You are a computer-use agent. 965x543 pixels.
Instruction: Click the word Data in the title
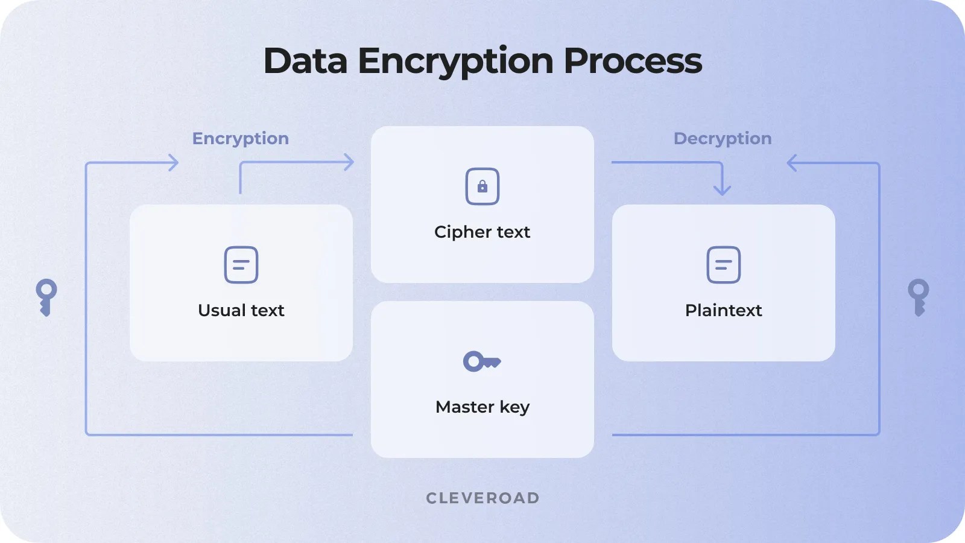click(x=305, y=61)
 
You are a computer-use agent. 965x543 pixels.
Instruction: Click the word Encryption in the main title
click(x=455, y=61)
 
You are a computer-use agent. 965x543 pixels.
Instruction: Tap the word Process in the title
click(x=633, y=61)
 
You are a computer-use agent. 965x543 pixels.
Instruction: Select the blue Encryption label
click(x=240, y=138)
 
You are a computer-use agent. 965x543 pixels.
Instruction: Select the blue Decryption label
click(x=723, y=138)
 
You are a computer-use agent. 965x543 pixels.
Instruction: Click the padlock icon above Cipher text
click(x=482, y=186)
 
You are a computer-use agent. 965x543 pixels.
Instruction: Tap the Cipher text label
click(x=482, y=232)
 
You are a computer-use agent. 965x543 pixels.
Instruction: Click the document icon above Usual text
click(x=241, y=265)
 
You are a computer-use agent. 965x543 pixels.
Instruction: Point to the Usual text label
click(x=241, y=310)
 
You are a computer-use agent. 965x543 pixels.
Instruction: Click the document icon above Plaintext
click(x=724, y=265)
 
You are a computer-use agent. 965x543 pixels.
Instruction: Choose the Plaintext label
click(x=724, y=310)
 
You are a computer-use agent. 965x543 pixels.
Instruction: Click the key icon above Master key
click(x=481, y=361)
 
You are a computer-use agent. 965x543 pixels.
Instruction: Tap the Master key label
click(x=482, y=407)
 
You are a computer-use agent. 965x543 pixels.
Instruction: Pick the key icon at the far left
click(x=46, y=297)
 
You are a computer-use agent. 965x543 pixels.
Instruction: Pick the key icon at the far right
click(x=919, y=297)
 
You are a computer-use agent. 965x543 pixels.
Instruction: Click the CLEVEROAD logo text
click(x=482, y=498)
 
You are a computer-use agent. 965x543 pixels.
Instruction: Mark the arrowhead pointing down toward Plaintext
click(x=722, y=190)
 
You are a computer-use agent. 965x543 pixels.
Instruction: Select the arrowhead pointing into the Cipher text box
click(x=349, y=162)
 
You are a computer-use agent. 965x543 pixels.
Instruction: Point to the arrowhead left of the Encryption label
click(x=174, y=162)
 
